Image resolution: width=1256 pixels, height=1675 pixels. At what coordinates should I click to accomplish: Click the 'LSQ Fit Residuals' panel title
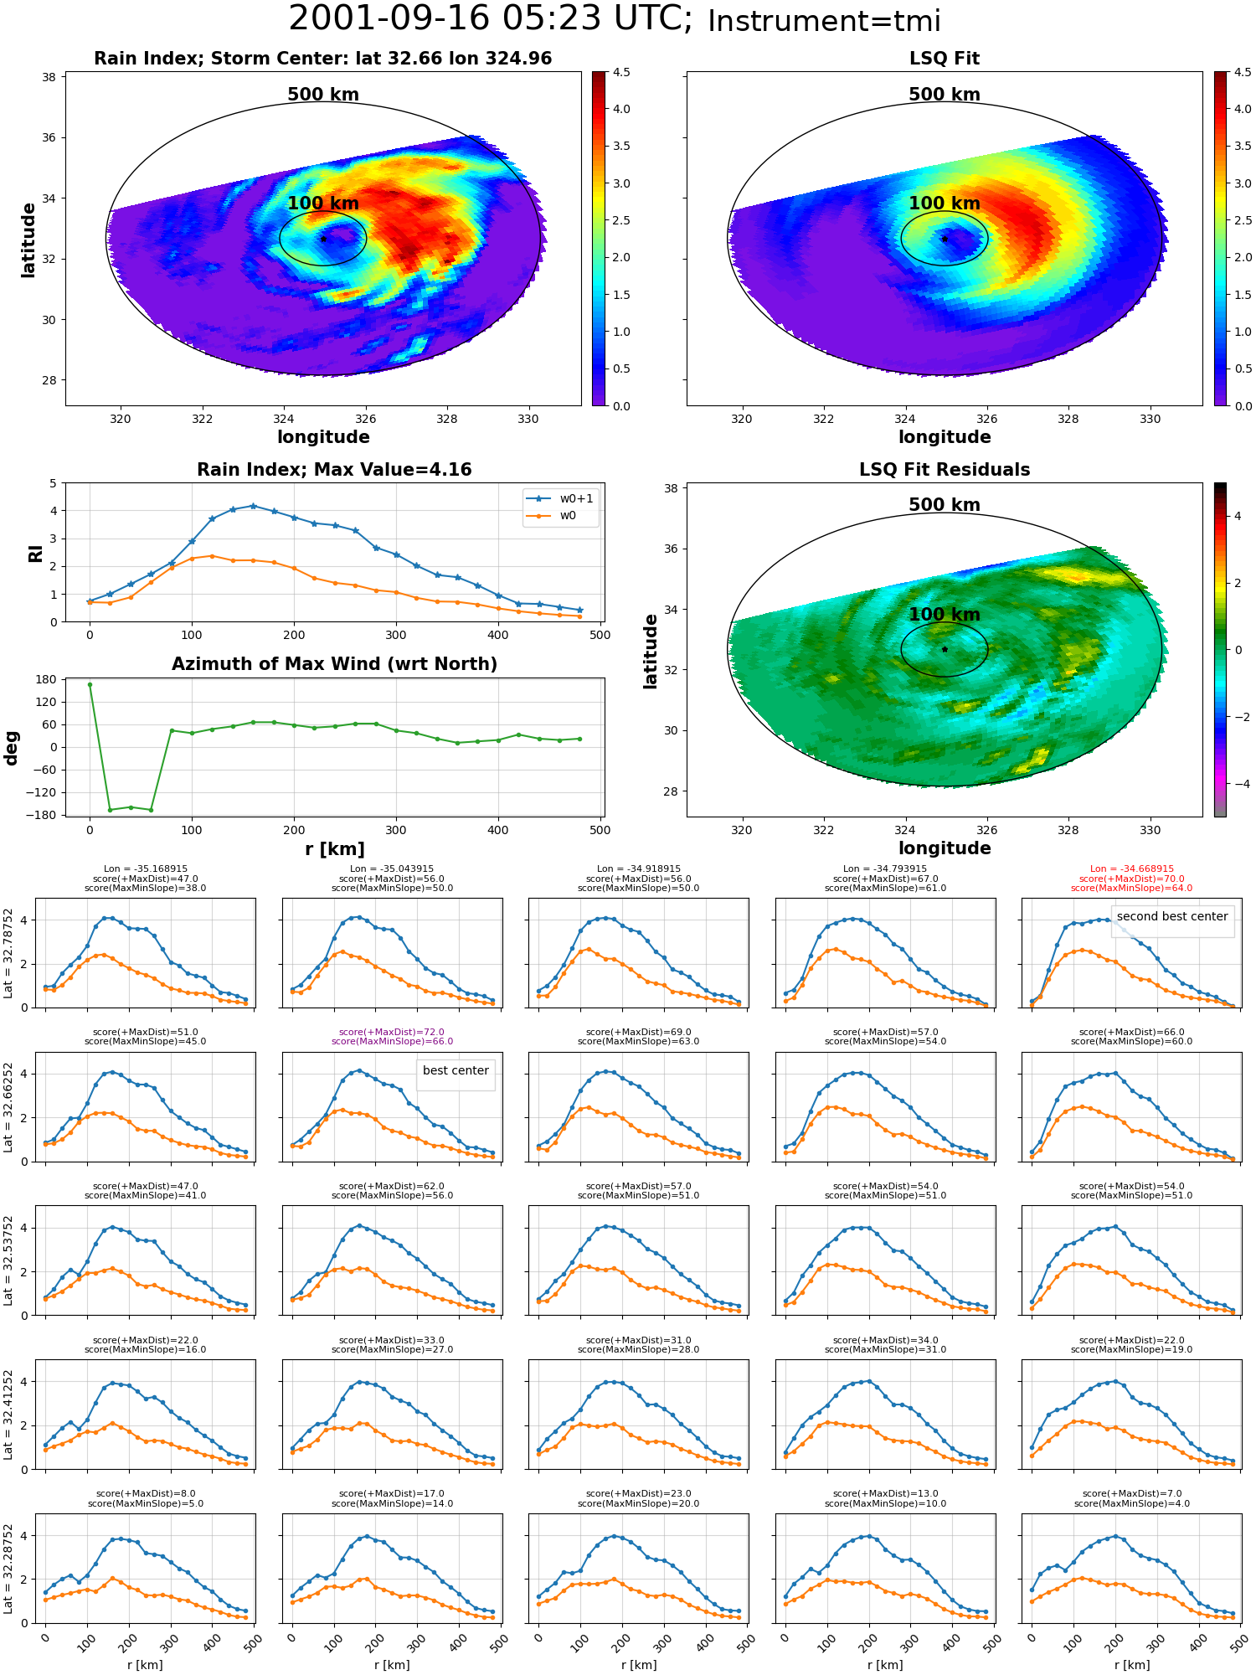945,470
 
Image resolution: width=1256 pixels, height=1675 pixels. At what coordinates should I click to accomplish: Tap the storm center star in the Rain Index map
323,239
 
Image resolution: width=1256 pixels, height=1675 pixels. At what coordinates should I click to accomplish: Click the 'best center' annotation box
456,1071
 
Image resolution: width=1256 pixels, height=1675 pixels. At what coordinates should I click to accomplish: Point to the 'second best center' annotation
1172,917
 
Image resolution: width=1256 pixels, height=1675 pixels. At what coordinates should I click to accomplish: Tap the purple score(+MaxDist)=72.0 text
392,1033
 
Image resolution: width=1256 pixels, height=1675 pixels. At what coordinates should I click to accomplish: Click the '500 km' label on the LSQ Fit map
945,95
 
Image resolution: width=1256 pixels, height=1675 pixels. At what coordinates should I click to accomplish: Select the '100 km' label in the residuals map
945,615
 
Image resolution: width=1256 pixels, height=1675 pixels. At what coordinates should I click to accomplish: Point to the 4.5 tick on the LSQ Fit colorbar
1243,73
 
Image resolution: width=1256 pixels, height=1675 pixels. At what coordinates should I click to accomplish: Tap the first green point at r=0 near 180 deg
90,684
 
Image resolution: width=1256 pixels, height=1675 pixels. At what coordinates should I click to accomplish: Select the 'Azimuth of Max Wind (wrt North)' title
334,664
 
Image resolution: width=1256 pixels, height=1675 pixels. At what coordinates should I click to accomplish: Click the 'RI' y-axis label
35,554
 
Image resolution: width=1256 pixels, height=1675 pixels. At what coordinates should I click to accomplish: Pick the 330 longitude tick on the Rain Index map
528,419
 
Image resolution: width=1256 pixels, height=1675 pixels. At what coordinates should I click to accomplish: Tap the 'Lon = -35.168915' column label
146,869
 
